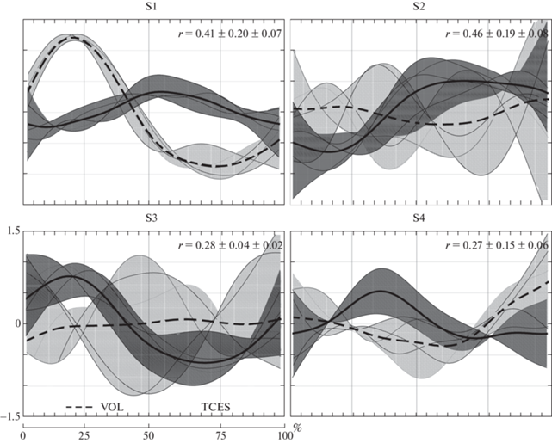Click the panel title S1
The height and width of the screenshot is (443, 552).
[152, 8]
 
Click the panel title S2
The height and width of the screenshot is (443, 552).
[420, 8]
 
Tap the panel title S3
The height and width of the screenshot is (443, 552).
[152, 220]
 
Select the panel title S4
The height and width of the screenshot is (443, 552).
[420, 220]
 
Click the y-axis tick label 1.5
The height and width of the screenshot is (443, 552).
[12, 231]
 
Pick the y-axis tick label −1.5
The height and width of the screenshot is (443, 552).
[9, 416]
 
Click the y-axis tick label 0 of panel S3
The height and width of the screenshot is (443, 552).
[15, 324]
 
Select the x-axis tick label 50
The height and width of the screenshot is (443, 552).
[150, 433]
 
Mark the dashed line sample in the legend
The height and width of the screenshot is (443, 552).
[80, 406]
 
